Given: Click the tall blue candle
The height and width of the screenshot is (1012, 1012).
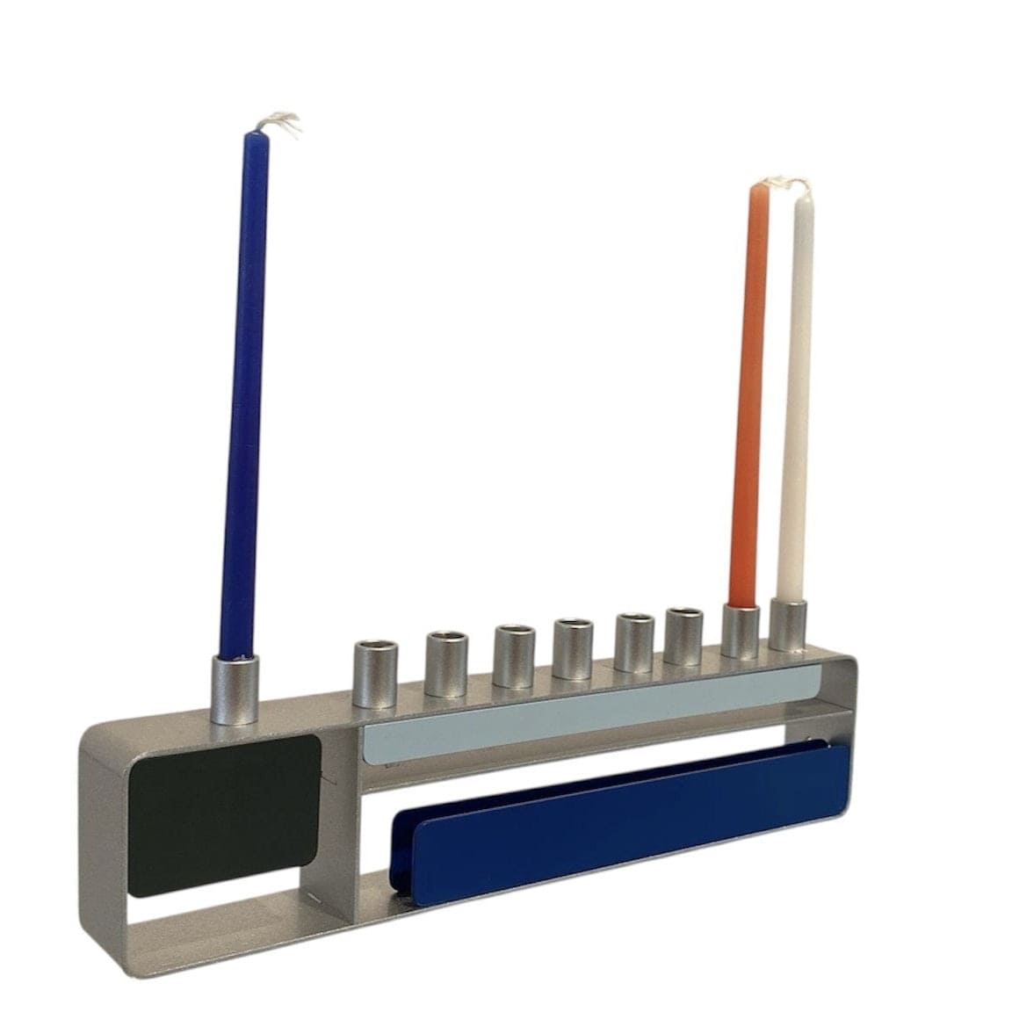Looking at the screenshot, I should [243, 395].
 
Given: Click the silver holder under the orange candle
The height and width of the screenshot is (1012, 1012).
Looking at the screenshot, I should [741, 631].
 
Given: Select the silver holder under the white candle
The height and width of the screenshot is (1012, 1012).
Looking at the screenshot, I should [788, 625].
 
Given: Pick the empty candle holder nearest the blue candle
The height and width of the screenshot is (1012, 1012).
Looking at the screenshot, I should [367, 675].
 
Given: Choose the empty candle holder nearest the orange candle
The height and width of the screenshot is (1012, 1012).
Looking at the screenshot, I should [684, 636].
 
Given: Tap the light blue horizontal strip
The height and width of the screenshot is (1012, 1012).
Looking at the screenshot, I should [589, 712].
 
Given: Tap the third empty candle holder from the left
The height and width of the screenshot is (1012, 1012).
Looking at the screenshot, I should [512, 655].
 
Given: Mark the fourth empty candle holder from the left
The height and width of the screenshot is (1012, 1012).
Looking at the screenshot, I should [572, 649].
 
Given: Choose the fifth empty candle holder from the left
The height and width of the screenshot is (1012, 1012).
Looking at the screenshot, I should [633, 642].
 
